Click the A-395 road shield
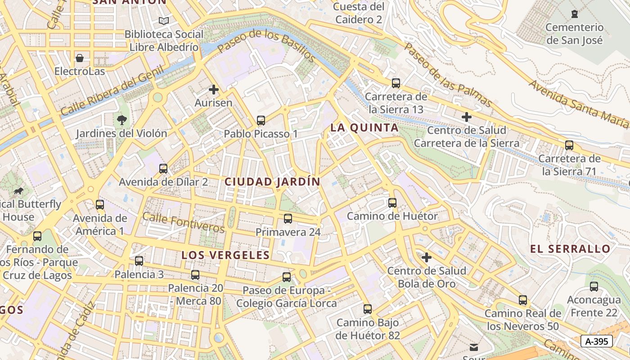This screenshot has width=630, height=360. [596, 341]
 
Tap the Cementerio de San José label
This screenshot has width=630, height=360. [574, 34]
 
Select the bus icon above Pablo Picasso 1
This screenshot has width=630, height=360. [261, 120]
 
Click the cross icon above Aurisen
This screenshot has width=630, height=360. [214, 90]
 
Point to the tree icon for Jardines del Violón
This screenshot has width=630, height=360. [121, 120]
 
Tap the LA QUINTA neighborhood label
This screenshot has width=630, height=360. [364, 128]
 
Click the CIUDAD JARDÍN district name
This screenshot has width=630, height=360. [272, 182]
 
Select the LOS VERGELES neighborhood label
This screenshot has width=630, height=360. [225, 255]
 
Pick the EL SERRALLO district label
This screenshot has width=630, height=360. [570, 249]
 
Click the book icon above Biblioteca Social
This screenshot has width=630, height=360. [164, 21]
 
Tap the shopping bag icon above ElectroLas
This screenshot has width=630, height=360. [80, 58]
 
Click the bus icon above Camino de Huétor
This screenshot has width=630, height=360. [392, 202]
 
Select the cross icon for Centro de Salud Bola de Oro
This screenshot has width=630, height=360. [426, 257]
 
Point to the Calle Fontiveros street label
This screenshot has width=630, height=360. [184, 222]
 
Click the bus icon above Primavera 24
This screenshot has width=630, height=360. [288, 219]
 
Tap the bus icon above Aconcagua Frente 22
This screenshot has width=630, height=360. [594, 286]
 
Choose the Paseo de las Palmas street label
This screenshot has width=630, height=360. [448, 75]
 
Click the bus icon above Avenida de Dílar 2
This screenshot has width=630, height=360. [163, 169]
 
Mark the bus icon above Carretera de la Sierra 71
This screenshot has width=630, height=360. [569, 145]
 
